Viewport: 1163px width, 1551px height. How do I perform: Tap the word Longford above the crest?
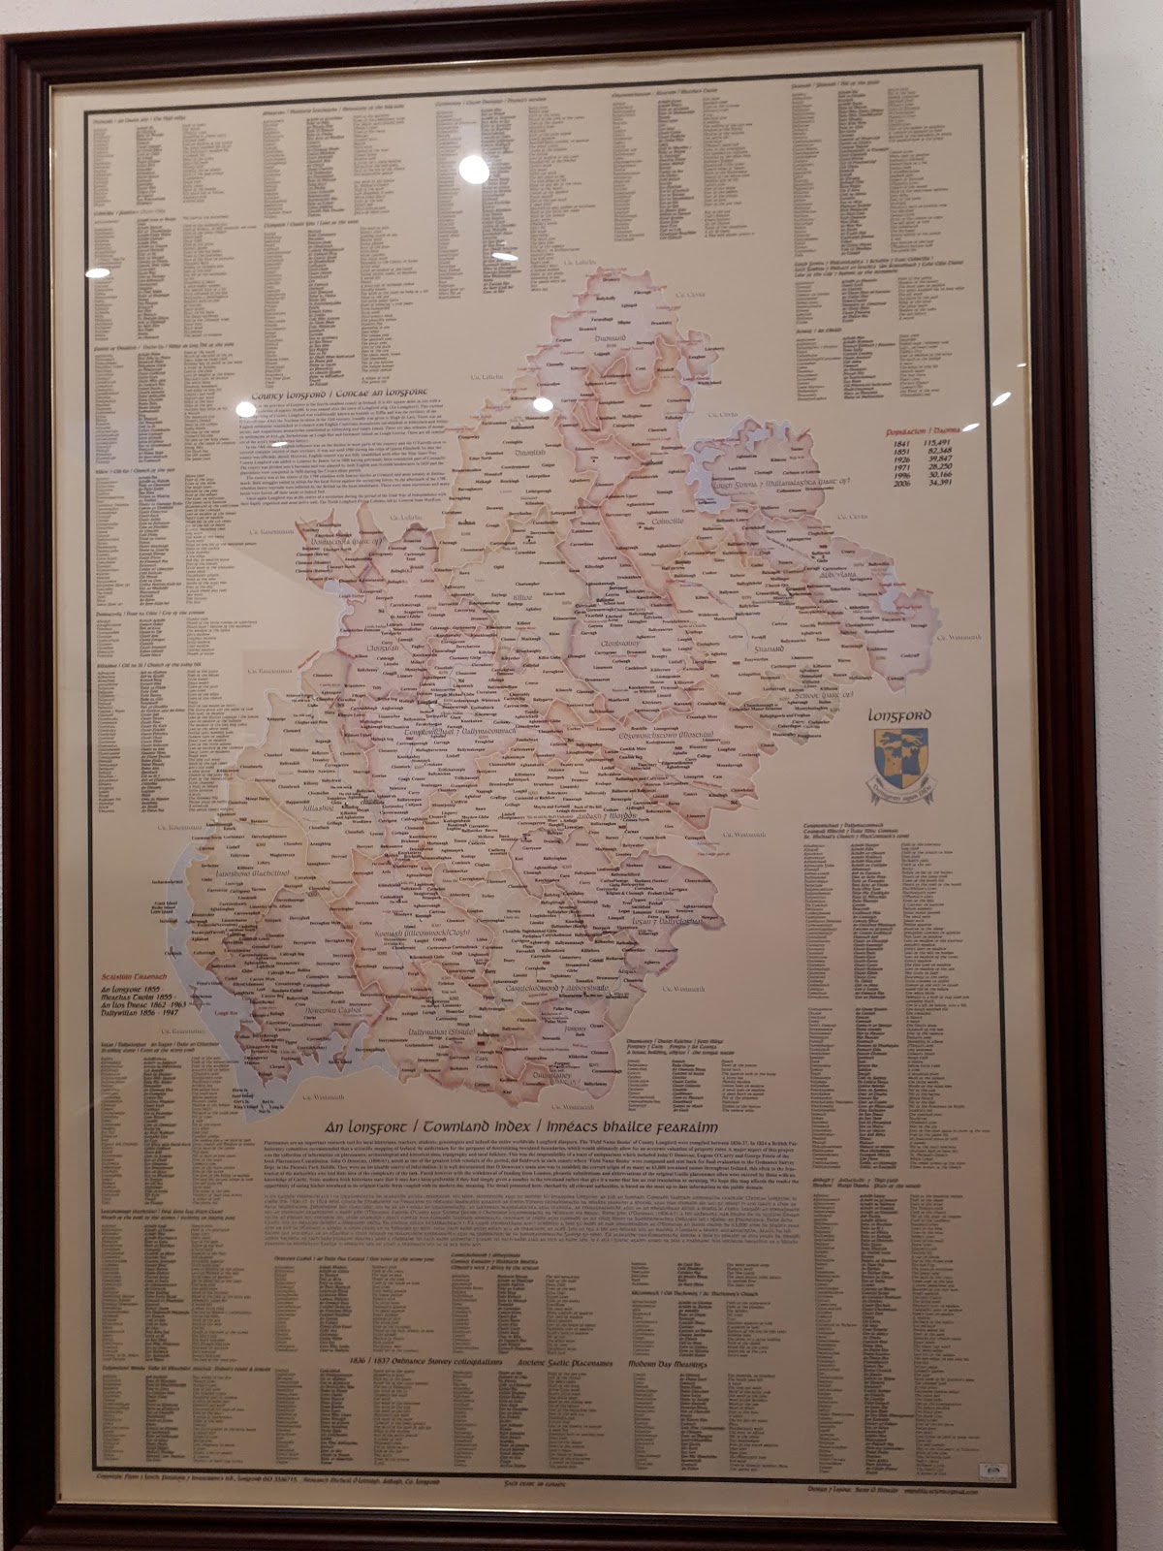click(x=898, y=716)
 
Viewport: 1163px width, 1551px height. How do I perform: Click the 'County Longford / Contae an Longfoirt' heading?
click(x=338, y=396)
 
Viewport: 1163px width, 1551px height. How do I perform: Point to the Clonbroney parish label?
click(x=620, y=643)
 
